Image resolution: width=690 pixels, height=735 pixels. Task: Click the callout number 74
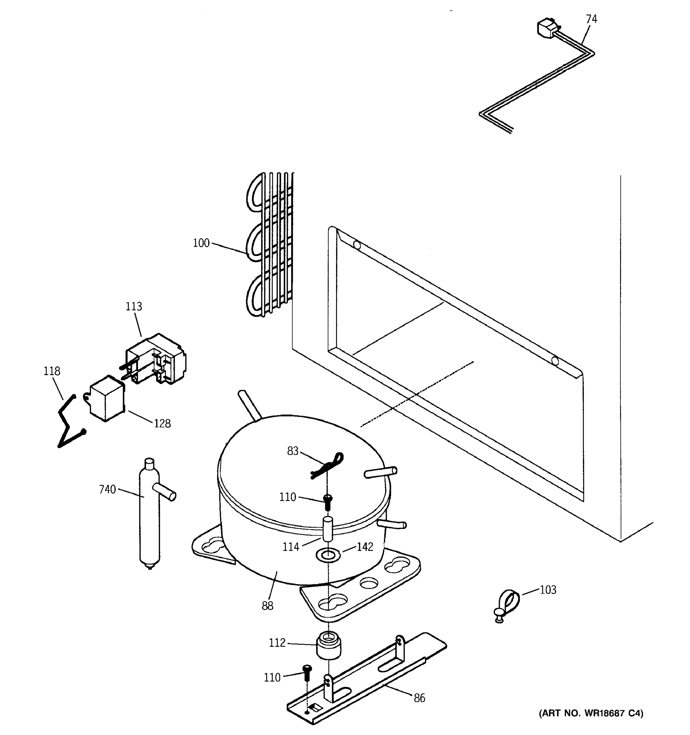tap(591, 19)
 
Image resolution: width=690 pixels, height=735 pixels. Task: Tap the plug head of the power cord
tap(547, 28)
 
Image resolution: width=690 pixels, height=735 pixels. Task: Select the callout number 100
tap(201, 243)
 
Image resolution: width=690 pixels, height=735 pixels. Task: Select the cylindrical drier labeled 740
tap(150, 514)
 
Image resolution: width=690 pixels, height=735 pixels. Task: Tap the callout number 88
tap(267, 606)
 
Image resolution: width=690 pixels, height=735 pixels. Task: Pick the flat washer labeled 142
tap(328, 555)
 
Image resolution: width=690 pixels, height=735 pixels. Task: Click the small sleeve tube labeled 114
tap(328, 529)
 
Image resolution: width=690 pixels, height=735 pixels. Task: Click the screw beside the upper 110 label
tap(328, 502)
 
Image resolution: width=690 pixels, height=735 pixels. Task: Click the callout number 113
tap(134, 307)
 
